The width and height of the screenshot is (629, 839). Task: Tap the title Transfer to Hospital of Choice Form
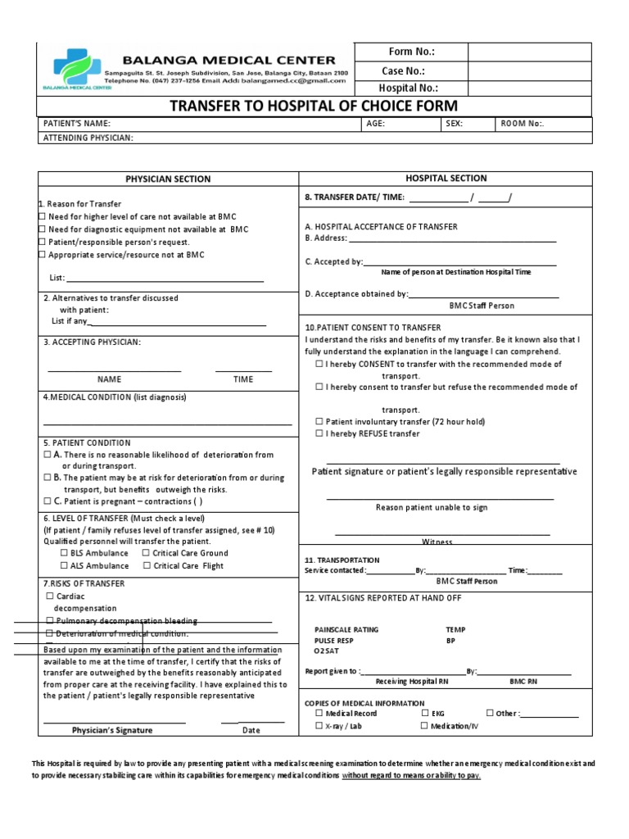[313, 107]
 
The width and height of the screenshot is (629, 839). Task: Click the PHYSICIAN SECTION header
[167, 179]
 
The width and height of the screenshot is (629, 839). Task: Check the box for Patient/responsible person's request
[43, 243]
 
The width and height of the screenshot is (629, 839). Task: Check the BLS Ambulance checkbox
[65, 553]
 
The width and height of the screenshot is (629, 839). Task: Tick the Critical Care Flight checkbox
[146, 566]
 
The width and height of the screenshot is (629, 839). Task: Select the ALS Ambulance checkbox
[65, 566]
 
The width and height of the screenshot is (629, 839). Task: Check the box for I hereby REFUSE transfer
[319, 433]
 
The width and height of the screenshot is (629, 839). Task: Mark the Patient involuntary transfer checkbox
[319, 421]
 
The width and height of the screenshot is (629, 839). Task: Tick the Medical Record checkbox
[319, 714]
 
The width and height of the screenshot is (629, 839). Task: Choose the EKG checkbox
[424, 714]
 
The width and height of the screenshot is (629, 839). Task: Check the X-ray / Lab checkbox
[319, 726]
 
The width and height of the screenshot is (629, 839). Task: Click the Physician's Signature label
[111, 730]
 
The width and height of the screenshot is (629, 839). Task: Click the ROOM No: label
[521, 124]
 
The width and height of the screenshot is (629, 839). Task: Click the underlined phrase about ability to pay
[411, 775]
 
